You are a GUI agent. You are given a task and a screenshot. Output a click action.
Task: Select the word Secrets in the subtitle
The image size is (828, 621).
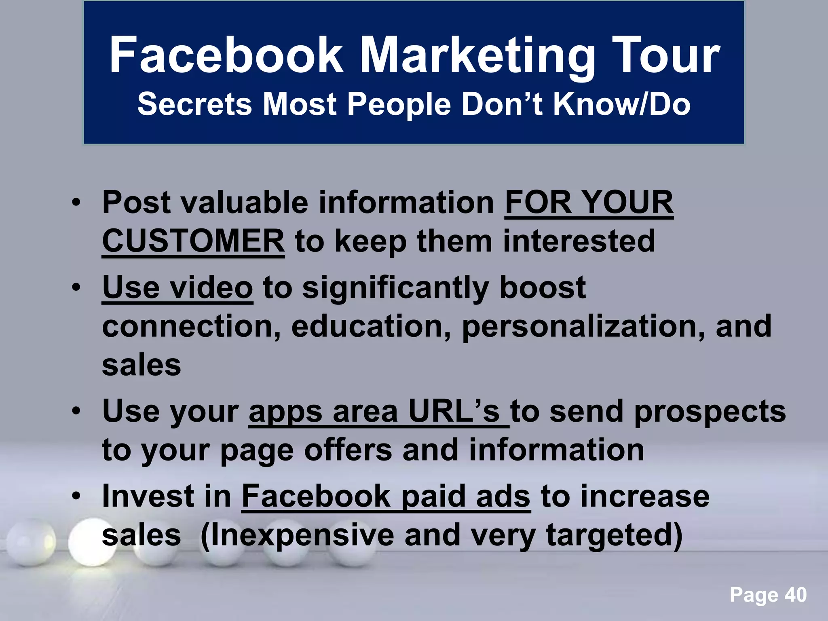coord(194,104)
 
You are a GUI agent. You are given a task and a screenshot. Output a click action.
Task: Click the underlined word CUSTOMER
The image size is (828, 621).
coord(193,241)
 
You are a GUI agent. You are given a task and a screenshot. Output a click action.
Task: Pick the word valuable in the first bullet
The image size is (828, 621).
coord(245,202)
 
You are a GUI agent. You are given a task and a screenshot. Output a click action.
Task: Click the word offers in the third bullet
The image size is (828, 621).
coord(348,450)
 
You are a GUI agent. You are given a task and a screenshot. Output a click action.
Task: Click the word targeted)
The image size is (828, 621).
coord(614,535)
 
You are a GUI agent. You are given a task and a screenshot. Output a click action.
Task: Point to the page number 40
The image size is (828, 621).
coord(796,595)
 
